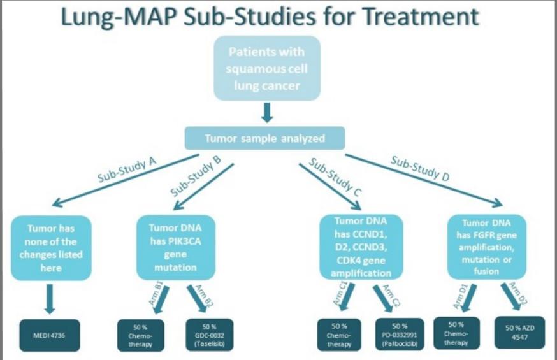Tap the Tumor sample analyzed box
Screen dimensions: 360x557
tap(265, 138)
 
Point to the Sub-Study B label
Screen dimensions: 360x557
tap(196, 178)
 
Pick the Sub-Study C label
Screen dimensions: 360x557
tap(331, 176)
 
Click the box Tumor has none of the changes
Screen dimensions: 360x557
tap(50, 248)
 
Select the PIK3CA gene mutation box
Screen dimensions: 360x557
tap(176, 248)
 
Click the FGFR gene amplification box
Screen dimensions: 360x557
tap(486, 247)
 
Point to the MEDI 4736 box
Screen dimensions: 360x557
tap(49, 335)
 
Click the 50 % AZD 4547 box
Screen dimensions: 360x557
tap(519, 331)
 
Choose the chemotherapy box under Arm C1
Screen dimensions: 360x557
tap(340, 335)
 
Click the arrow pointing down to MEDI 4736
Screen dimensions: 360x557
tap(49, 299)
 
